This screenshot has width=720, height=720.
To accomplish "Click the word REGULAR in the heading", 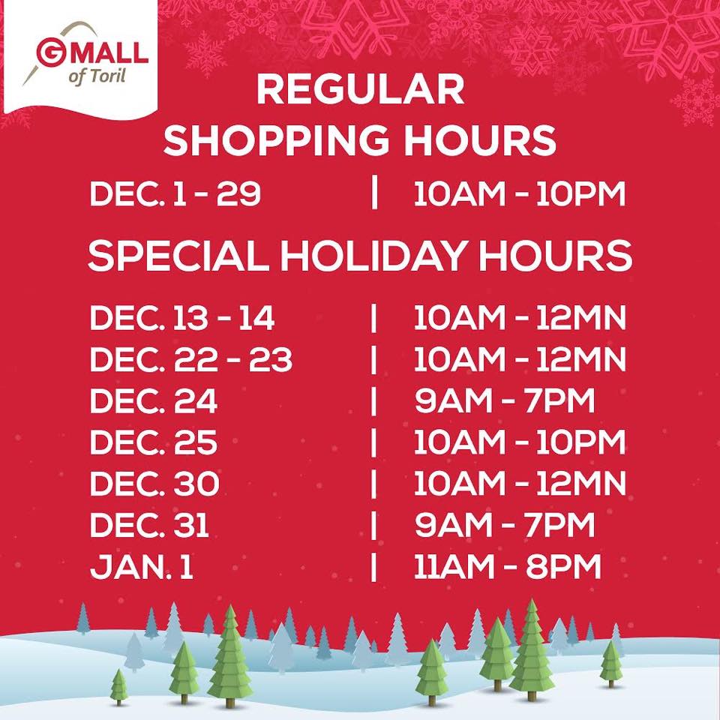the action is click(360, 90).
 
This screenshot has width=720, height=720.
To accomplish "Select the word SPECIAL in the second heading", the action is click(178, 256).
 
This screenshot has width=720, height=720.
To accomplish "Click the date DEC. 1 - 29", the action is click(175, 193).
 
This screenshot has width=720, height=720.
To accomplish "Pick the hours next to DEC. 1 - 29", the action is click(519, 193).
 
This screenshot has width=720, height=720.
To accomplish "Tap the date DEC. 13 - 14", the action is click(182, 318).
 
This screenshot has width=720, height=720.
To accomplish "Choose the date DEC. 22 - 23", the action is click(191, 359).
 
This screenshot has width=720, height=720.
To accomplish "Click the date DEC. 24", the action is click(153, 400).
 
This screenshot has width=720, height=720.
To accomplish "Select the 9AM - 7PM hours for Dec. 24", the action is click(505, 400).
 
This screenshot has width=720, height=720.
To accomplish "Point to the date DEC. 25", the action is click(153, 442).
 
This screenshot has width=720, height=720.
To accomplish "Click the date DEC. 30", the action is click(154, 484).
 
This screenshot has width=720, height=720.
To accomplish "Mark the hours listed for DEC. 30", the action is click(519, 484).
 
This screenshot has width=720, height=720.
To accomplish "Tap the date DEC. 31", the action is click(150, 525).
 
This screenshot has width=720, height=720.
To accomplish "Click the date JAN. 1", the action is click(142, 566).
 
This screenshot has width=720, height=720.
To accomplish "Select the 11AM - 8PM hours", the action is click(508, 566).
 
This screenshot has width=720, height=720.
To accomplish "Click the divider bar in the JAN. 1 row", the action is click(373, 567).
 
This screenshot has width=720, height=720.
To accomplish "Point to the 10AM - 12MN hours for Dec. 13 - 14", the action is click(519, 318).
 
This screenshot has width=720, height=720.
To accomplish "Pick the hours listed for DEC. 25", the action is click(519, 442).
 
